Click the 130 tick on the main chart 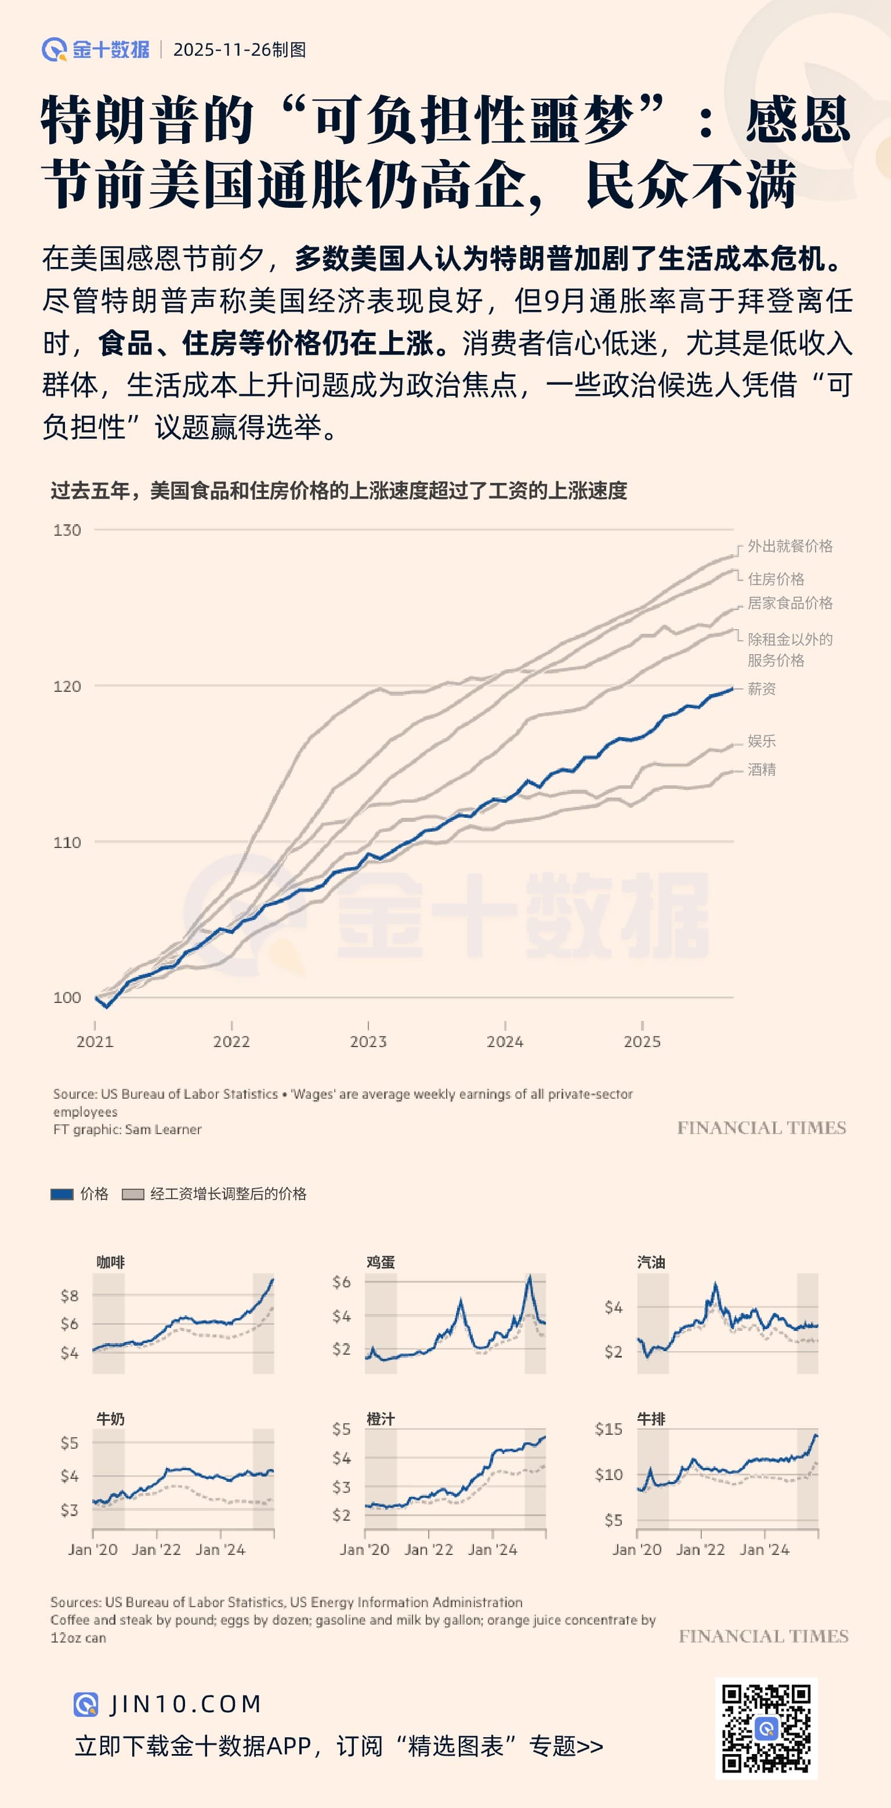click(67, 530)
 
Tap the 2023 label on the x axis click(368, 1042)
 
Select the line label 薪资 click(761, 688)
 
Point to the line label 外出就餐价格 click(789, 546)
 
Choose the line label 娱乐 click(761, 741)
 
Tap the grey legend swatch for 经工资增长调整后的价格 click(133, 1194)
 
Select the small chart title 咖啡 click(110, 1262)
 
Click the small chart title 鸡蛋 click(381, 1262)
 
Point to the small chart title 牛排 click(651, 1419)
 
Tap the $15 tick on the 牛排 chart click(609, 1429)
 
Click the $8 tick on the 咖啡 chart click(69, 1295)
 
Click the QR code click(766, 1728)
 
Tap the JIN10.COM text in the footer click(185, 1704)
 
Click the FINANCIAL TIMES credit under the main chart click(761, 1128)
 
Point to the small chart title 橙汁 click(381, 1419)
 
